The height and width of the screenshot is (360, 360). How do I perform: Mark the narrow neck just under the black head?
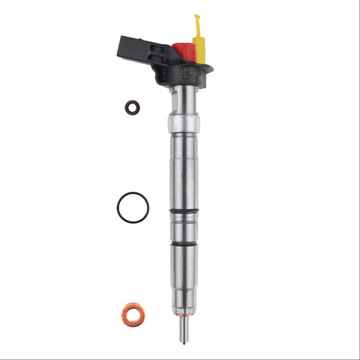(184, 96)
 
